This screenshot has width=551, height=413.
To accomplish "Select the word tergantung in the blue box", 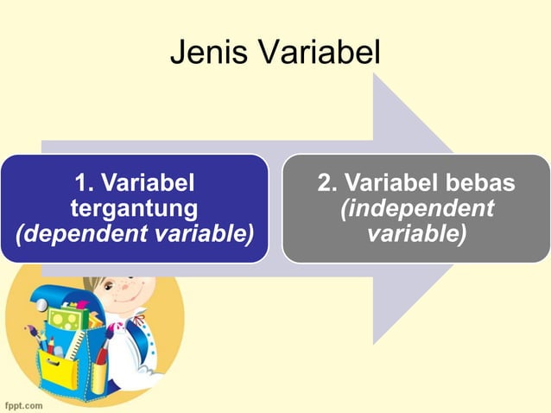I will pyautogui.click(x=134, y=208).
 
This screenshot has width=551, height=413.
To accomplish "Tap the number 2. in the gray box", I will pyautogui.click(x=329, y=183).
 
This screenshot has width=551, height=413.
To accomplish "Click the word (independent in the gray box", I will pyautogui.click(x=416, y=209).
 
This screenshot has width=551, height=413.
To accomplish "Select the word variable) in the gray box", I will pyautogui.click(x=416, y=234).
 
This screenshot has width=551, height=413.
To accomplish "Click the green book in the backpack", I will pyautogui.click(x=65, y=320).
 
